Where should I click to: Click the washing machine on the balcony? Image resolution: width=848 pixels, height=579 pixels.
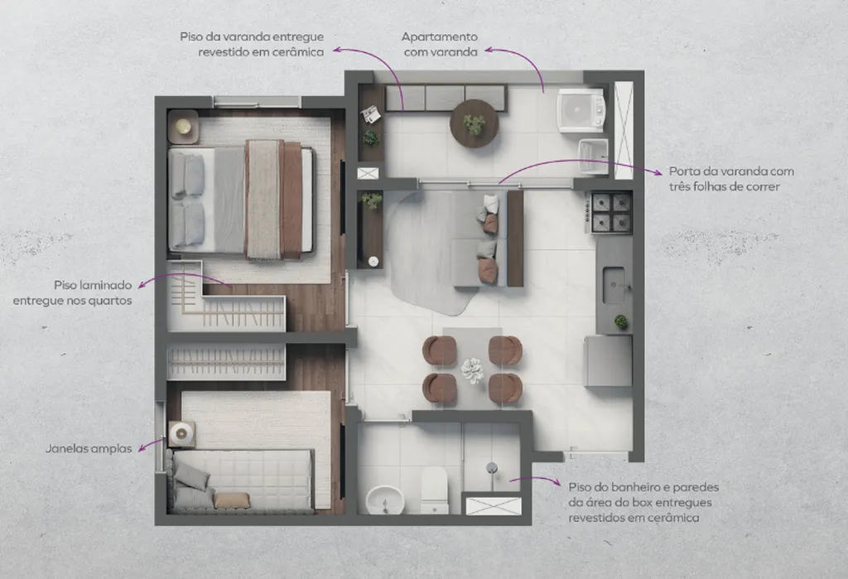(581, 110)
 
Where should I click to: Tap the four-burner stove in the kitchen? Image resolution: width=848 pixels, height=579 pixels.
(612, 213)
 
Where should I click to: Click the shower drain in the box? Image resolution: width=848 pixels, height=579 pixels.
(492, 467)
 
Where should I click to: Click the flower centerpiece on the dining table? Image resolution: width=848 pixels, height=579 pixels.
(472, 371)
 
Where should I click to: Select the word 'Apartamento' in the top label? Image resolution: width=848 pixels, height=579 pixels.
(439, 37)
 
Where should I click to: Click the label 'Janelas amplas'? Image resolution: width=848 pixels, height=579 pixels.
(89, 449)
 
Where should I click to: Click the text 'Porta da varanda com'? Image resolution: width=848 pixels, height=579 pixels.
(732, 171)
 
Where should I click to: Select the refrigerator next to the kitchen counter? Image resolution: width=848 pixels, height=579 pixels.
(609, 360)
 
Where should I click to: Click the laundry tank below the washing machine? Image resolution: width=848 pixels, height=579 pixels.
(593, 156)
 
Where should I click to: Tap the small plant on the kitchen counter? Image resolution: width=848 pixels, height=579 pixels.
(621, 322)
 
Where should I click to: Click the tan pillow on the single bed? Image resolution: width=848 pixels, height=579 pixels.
(232, 500)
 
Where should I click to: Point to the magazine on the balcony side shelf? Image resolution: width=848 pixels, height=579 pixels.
(372, 114)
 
